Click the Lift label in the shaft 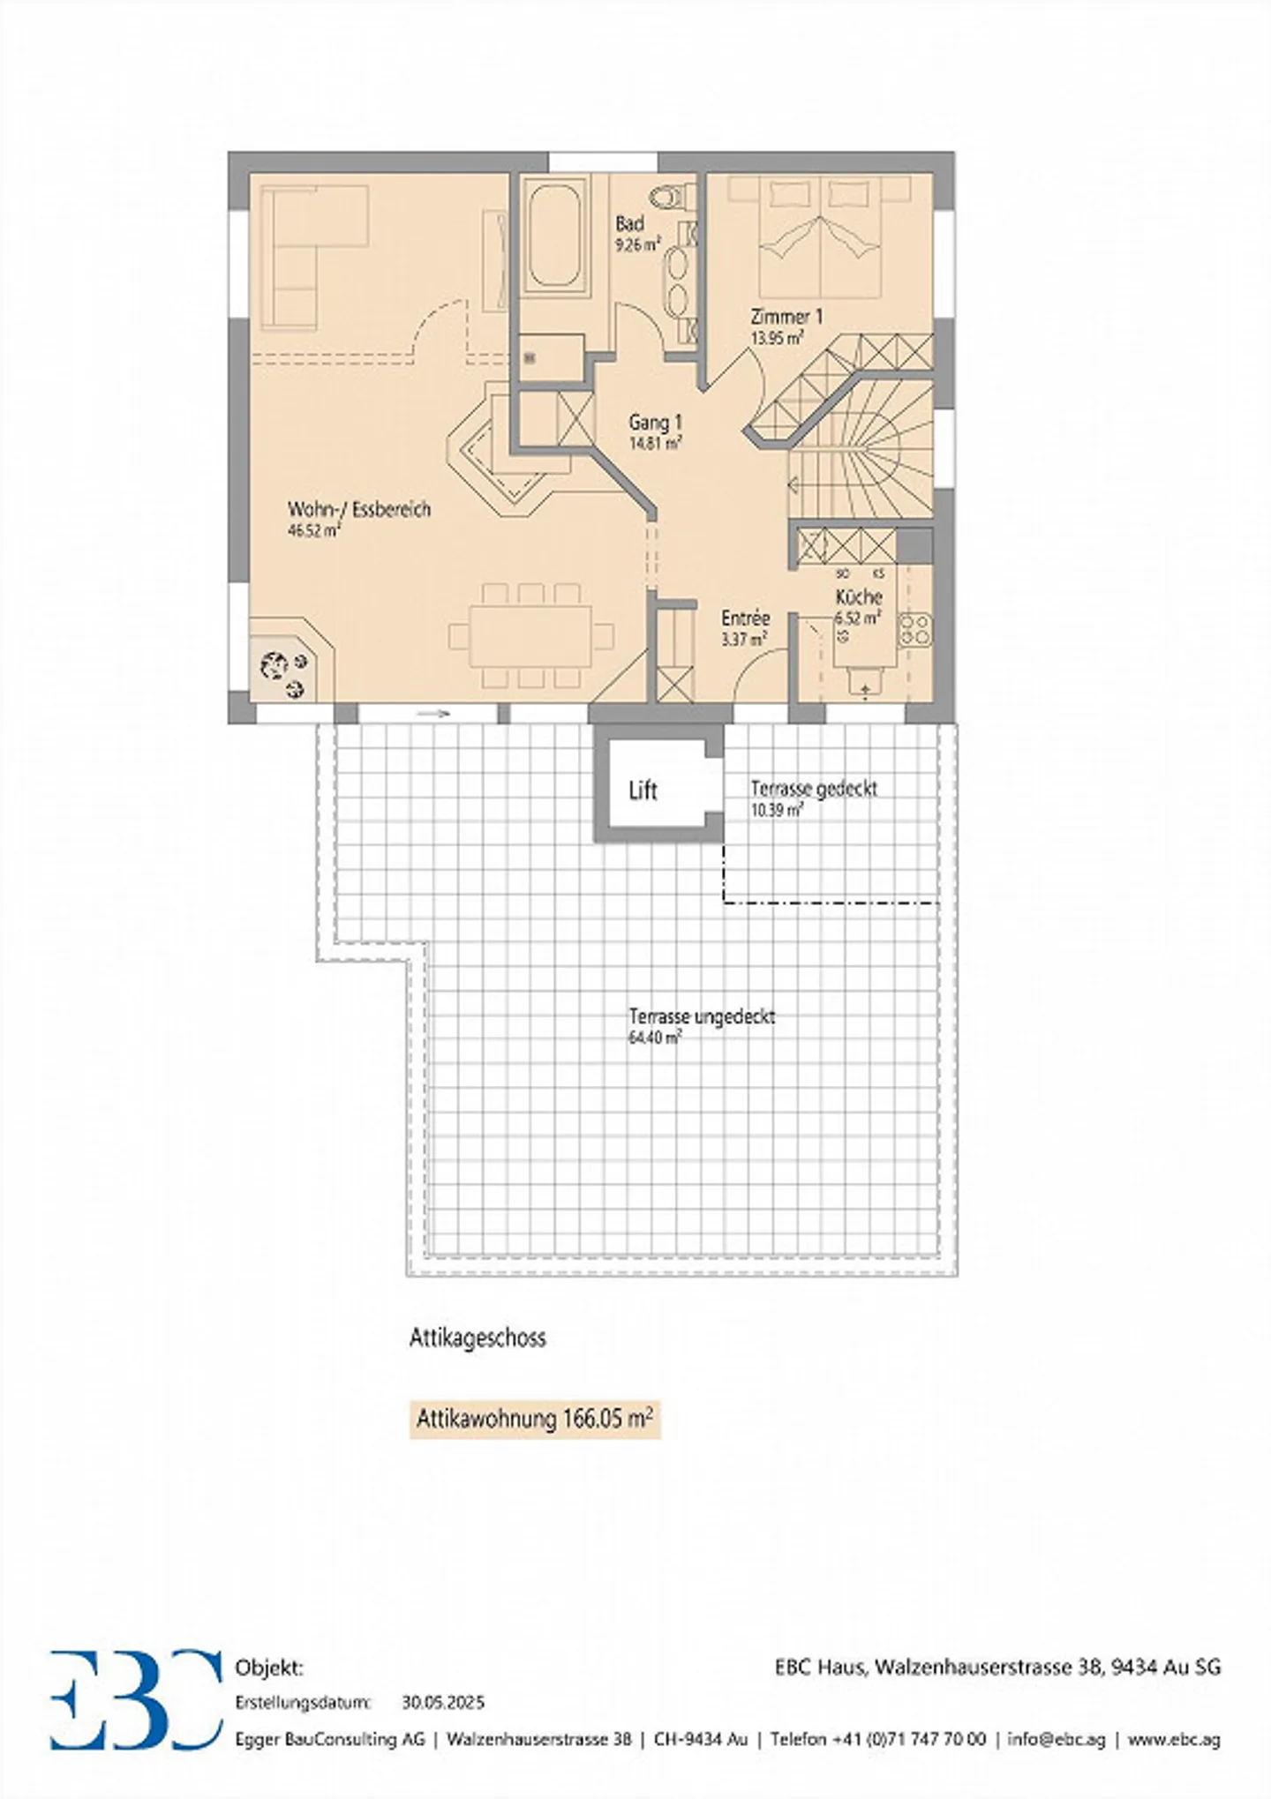(643, 791)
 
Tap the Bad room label (629, 224)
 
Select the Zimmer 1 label (786, 316)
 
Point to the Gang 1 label (655, 424)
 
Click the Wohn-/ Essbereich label (359, 510)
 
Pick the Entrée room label (745, 618)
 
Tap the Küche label (859, 597)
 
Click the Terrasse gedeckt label (814, 789)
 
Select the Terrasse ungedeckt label (702, 1016)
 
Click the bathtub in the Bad (553, 235)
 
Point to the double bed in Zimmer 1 (821, 236)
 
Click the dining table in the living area (530, 635)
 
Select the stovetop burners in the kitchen (914, 628)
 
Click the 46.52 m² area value (313, 531)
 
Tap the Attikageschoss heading (478, 1338)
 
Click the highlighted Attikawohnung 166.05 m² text (535, 1420)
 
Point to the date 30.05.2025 (443, 1702)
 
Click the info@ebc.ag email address (1056, 1739)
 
